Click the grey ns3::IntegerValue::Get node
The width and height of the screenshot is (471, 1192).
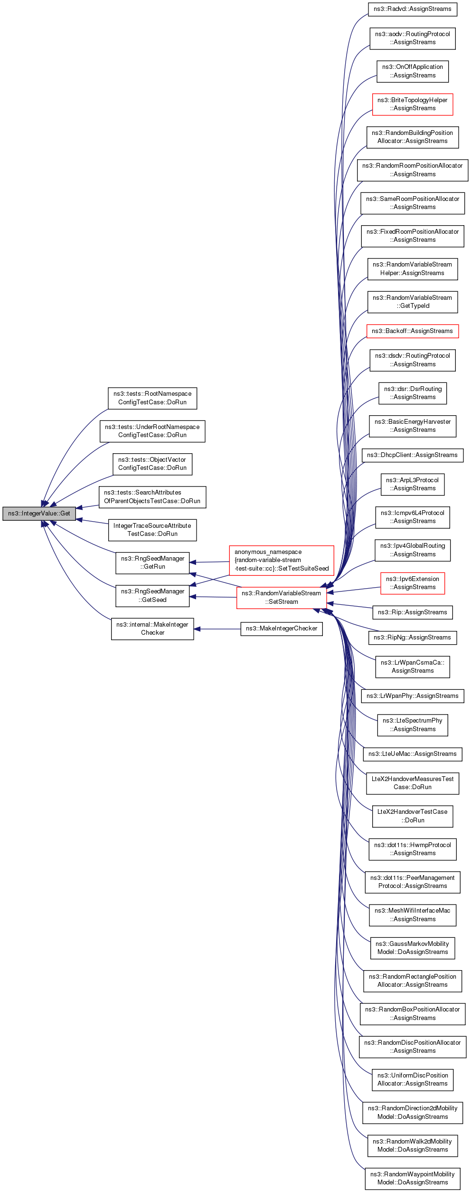point(39,514)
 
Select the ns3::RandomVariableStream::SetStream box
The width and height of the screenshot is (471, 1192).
point(282,597)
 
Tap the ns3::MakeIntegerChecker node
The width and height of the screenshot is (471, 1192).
point(282,629)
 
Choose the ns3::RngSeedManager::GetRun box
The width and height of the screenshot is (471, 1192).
point(152,563)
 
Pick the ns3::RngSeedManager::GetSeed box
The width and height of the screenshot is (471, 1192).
point(152,596)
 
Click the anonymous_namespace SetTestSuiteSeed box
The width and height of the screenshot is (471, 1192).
point(282,560)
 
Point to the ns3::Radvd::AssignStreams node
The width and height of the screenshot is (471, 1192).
point(413,9)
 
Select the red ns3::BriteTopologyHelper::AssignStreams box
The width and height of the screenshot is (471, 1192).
point(413,104)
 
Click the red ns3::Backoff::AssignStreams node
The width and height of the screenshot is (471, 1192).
point(413,331)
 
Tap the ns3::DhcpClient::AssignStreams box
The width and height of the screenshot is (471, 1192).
point(413,455)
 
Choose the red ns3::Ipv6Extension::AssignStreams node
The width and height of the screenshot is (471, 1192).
point(413,583)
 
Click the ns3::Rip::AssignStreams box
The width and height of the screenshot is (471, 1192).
point(413,612)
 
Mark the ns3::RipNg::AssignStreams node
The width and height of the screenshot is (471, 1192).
point(413,638)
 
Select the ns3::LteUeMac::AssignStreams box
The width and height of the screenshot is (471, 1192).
point(413,754)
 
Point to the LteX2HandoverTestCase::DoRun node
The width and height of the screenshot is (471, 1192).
point(413,816)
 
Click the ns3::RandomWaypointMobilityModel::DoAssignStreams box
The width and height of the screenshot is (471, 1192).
point(413,1178)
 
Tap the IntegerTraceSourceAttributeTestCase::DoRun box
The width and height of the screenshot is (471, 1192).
point(152,530)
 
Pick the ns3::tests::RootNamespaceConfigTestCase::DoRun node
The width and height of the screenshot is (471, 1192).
point(152,398)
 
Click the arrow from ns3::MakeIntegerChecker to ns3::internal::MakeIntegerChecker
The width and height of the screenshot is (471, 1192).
point(217,629)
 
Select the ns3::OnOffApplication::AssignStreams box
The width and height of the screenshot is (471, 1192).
point(413,71)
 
